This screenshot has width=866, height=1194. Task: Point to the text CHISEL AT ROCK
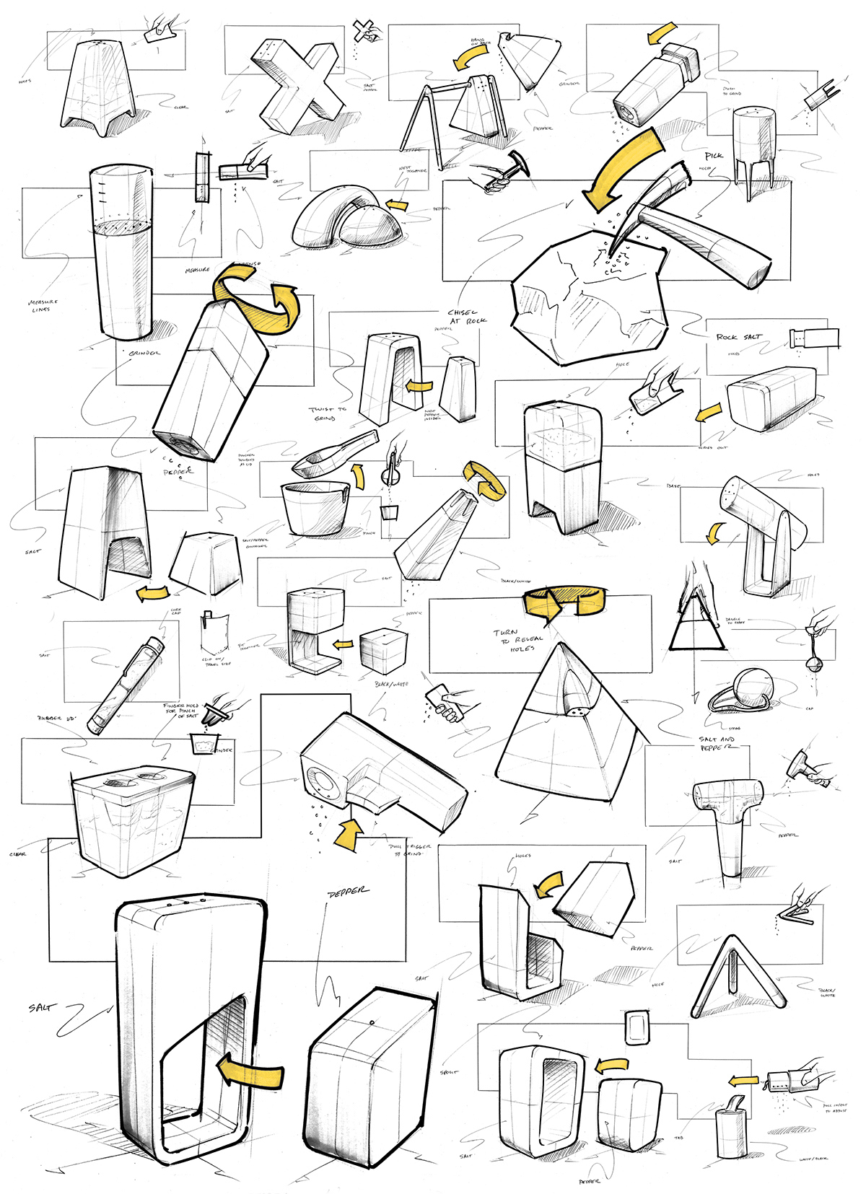(468, 317)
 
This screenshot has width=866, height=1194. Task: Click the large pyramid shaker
(570, 729)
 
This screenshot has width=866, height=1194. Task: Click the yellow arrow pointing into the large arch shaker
(249, 1075)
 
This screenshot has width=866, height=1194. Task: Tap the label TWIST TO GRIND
(328, 413)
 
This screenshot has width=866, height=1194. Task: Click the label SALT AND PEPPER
(717, 743)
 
